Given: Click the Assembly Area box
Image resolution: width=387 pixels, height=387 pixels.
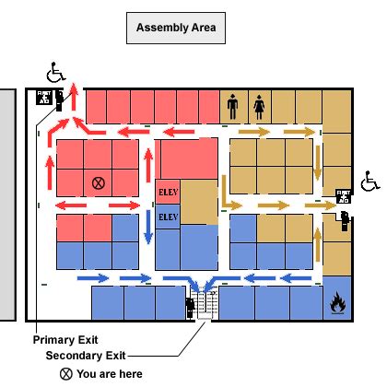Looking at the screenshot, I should coord(175,28).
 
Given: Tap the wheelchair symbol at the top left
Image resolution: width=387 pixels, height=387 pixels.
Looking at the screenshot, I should coord(57,71).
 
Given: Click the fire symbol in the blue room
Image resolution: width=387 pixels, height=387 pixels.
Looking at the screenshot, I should coord(337,300).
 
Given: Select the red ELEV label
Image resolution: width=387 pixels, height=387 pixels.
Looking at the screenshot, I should coord(167,192).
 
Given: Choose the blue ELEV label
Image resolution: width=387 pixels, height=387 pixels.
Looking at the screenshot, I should coord(167,217).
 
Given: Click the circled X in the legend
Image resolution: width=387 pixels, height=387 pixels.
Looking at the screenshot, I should coord(66,373).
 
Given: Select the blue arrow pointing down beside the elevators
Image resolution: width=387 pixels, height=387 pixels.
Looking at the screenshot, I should coord(148,225).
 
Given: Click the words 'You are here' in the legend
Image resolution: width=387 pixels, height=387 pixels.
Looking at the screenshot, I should coord(110,373).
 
